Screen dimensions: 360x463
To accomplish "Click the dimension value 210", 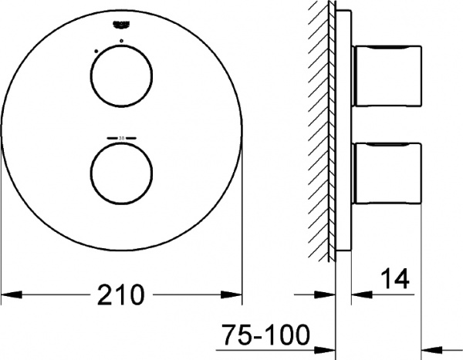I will [121, 294].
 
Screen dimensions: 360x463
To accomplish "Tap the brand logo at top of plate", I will [120, 25].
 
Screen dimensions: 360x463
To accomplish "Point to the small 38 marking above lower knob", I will [121, 137].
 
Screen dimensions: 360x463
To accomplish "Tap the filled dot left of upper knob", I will [95, 51].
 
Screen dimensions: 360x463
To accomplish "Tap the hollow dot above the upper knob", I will [121, 40].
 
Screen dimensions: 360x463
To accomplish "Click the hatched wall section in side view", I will [319, 131].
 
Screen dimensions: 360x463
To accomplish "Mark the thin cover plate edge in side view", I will [336, 131].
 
